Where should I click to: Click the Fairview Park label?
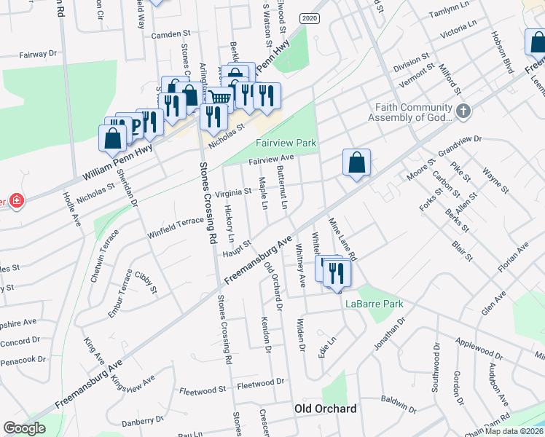(286, 143)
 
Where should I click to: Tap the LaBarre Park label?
(374, 304)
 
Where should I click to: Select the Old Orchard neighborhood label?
(325, 409)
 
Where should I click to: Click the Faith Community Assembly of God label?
(414, 111)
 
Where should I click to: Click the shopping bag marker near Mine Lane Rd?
(357, 163)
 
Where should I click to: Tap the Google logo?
(24, 428)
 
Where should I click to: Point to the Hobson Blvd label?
(501, 53)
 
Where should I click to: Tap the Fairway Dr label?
(37, 54)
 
